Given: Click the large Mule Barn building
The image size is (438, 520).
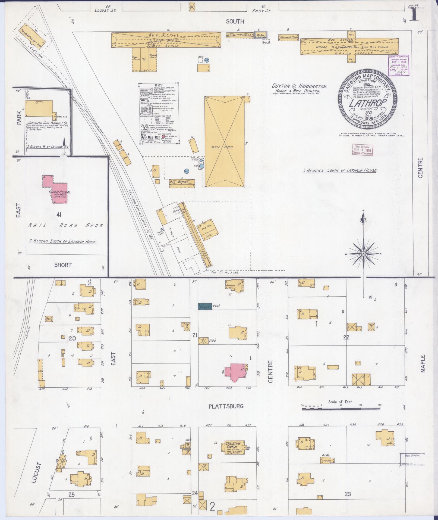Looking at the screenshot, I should [225, 143].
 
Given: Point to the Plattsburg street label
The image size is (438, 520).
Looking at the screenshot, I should [226, 406].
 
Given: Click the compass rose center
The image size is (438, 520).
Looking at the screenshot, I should [363, 253].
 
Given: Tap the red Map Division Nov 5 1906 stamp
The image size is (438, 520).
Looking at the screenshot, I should [363, 150].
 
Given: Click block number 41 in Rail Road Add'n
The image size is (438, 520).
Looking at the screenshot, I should [58, 215].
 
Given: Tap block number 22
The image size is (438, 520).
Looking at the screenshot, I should [346, 337].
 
